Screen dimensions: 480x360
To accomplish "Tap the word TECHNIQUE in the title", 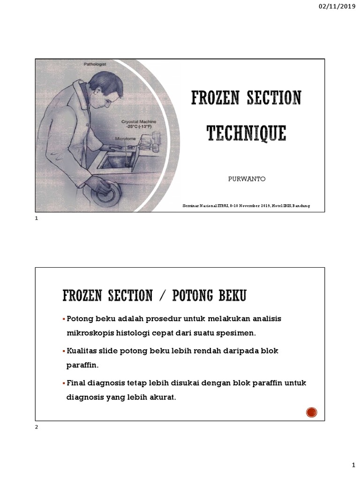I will (x=246, y=133).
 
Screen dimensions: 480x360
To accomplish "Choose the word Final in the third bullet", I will (x=77, y=383).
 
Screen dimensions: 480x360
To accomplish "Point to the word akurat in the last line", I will (x=161, y=397).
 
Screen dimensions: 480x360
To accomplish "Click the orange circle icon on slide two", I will (x=312, y=412).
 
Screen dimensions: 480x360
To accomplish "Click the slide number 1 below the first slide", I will (x=37, y=219).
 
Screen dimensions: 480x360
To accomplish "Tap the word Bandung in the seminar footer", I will (x=301, y=206).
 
